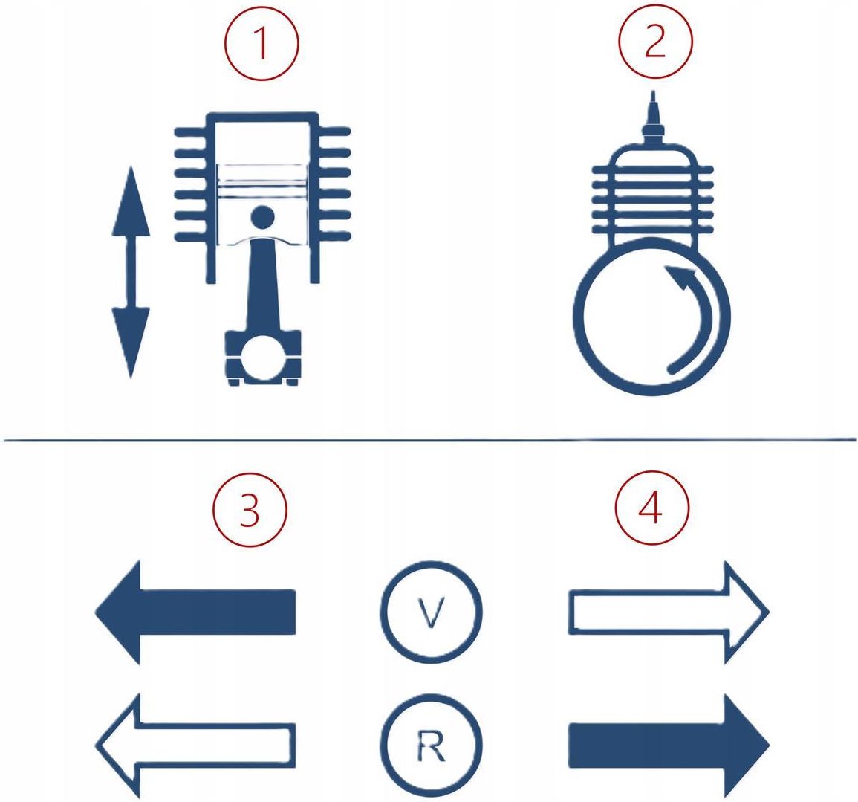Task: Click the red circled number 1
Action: tap(262, 42)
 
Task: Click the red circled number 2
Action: tap(655, 42)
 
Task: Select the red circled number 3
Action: tap(250, 508)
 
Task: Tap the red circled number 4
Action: tap(651, 507)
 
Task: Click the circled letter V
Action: tap(431, 612)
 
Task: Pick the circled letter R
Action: tap(431, 745)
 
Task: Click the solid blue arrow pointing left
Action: tap(195, 612)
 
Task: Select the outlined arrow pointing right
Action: tap(669, 612)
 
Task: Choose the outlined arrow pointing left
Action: tap(195, 746)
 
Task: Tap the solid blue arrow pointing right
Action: tap(669, 746)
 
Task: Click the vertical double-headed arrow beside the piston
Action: tap(131, 272)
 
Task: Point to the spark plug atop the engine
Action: tap(652, 118)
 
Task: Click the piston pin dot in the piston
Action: tap(263, 217)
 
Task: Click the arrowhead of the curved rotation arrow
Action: tap(680, 276)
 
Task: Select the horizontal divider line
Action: tap(429, 439)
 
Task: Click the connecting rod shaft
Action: tap(263, 285)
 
